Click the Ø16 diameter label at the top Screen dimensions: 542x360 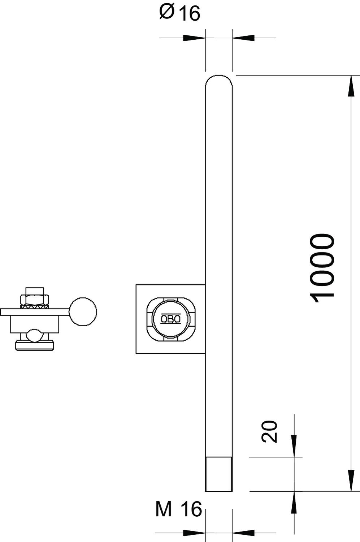click(179, 13)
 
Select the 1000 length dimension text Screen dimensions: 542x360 click(322, 267)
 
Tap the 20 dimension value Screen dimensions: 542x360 click(269, 431)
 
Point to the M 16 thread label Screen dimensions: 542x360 click(178, 510)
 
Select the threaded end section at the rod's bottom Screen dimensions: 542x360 click(219, 474)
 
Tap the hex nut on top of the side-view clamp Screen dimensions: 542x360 click(35, 299)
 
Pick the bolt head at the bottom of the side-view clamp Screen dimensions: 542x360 click(35, 345)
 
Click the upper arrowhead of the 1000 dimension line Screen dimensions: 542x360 click(351, 87)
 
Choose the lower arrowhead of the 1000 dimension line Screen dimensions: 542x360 click(351, 481)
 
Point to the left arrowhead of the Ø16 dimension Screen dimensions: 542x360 click(193, 38)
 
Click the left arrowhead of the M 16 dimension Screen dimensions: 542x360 click(193, 533)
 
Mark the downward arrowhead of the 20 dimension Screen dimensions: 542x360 click(294, 446)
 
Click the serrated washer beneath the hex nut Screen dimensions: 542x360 click(35, 306)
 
